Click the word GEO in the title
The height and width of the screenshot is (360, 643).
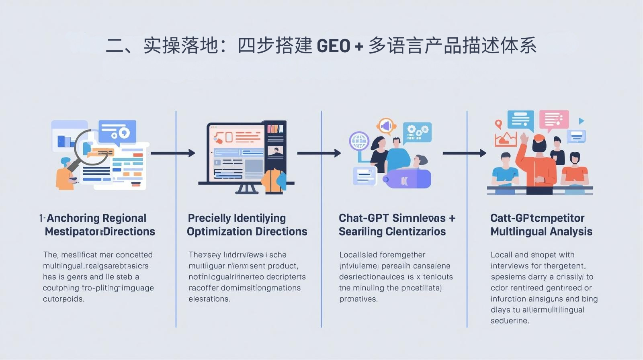(334, 46)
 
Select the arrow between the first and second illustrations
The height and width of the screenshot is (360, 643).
(173, 153)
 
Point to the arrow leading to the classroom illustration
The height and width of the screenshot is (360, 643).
(464, 153)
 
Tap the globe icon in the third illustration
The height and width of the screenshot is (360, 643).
(359, 141)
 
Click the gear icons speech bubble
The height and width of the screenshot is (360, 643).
(417, 132)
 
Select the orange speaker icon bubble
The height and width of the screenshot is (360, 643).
(386, 126)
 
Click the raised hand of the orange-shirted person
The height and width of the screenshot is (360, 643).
(524, 138)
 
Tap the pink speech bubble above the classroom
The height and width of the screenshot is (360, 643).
(554, 119)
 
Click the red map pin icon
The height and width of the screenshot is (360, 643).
(499, 124)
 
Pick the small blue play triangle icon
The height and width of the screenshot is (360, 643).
(581, 121)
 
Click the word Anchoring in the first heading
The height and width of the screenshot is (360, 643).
(72, 218)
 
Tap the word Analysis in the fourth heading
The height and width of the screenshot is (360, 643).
(572, 232)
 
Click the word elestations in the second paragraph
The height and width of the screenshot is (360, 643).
(209, 299)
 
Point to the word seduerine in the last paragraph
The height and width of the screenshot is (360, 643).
(509, 321)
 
